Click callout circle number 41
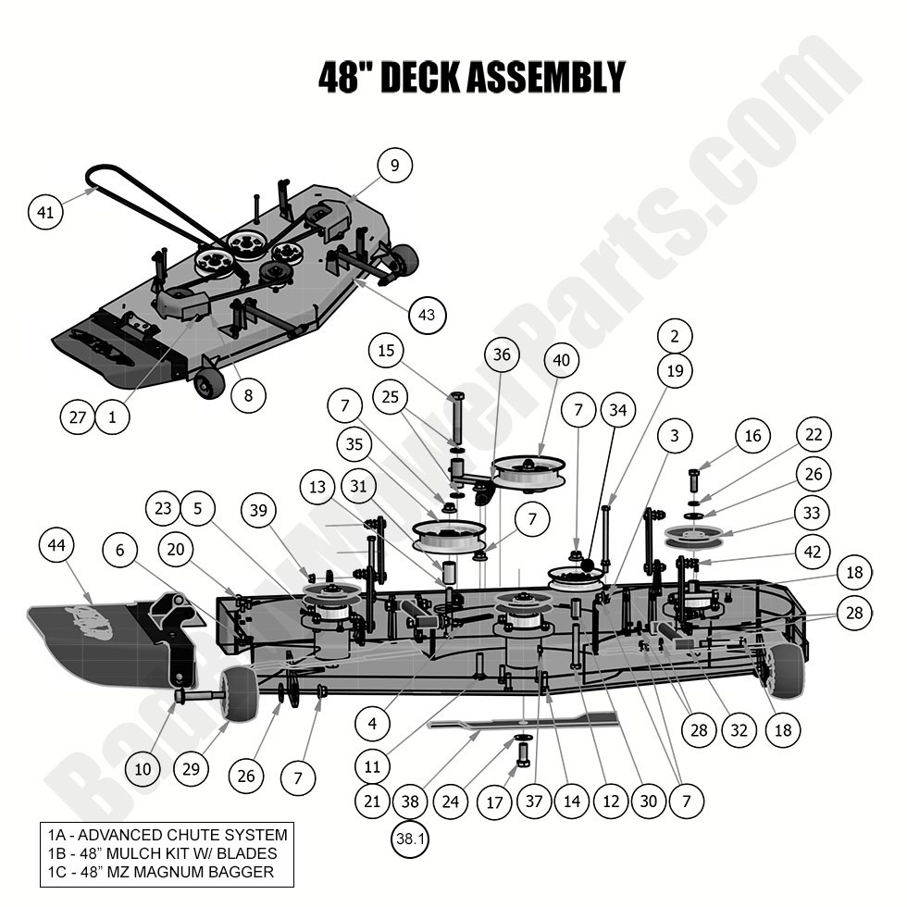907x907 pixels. (45, 212)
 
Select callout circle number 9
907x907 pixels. (394, 166)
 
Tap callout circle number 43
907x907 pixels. (427, 316)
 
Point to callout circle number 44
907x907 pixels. (57, 546)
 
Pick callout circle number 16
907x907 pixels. (752, 436)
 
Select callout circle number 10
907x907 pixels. (142, 769)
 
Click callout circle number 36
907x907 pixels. (502, 354)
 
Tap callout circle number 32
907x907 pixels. (738, 730)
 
